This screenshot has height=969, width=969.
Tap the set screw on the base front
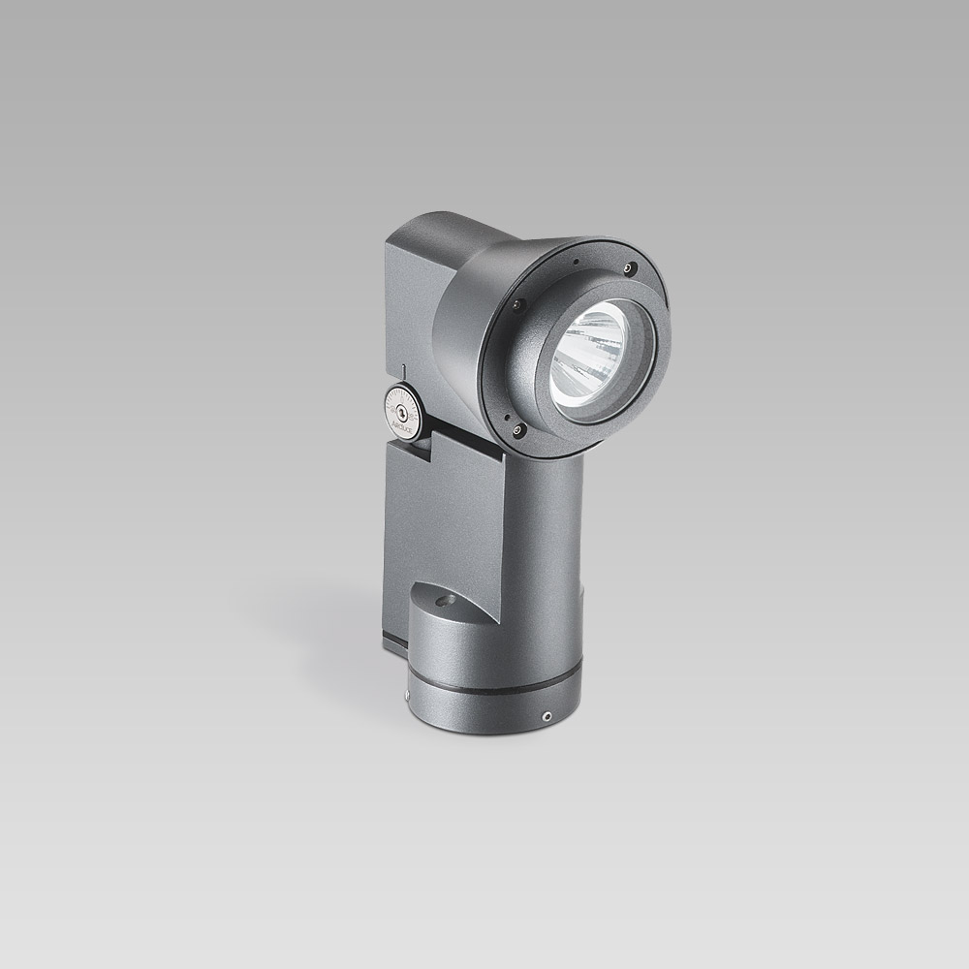[x=548, y=715]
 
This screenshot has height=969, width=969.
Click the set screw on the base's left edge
[x=407, y=691]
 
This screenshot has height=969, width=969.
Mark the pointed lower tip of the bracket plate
[x=495, y=620]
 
